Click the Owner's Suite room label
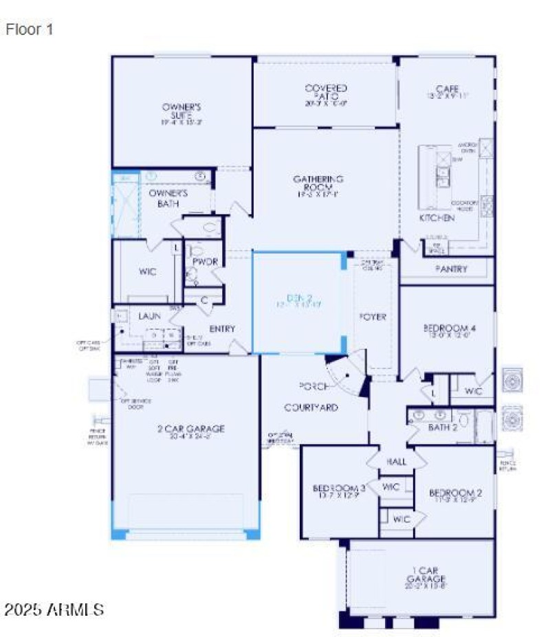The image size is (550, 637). click(x=181, y=111)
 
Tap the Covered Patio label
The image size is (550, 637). click(x=326, y=92)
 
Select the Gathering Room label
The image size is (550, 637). click(x=318, y=183)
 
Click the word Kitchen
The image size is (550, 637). click(x=437, y=218)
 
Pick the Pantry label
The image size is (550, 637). click(x=451, y=269)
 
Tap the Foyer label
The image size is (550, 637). click(x=374, y=317)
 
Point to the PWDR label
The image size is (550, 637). click(x=204, y=262)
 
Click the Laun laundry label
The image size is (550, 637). click(x=149, y=316)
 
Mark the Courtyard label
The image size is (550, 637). click(x=311, y=407)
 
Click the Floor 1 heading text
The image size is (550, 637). click(x=30, y=30)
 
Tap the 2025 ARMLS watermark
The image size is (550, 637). click(x=54, y=610)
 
